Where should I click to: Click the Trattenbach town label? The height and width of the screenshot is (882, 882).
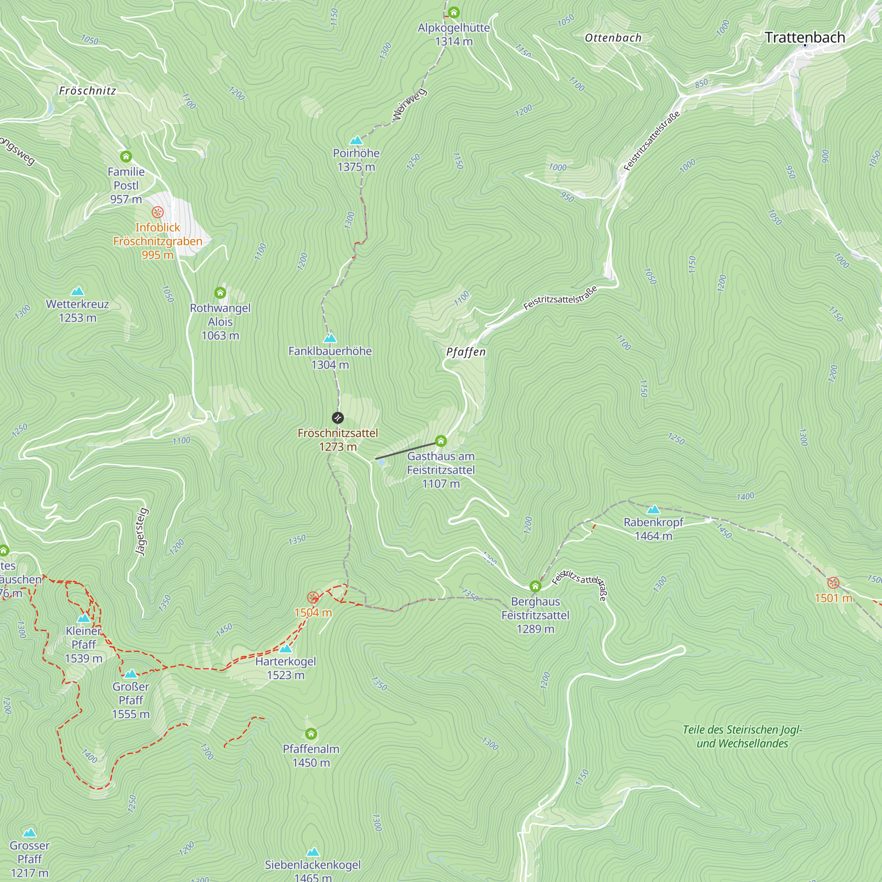(805, 37)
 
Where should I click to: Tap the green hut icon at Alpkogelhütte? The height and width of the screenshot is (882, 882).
(453, 12)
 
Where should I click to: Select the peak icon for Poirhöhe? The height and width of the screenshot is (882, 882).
(355, 140)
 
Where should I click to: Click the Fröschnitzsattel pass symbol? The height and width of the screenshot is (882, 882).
(337, 417)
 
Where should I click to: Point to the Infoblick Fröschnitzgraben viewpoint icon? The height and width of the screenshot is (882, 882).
(157, 212)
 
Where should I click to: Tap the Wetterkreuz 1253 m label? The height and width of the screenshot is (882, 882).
(78, 310)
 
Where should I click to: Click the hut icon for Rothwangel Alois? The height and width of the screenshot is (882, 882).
(220, 293)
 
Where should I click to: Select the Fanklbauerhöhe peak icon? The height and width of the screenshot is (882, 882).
(329, 338)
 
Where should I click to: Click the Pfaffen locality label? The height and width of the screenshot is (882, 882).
(466, 351)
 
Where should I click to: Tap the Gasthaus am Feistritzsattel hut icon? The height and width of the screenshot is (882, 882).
(441, 441)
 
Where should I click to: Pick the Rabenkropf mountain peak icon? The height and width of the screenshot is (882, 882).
(653, 509)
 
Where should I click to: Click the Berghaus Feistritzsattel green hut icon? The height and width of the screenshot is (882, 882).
(535, 586)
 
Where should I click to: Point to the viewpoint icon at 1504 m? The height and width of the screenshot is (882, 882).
(313, 598)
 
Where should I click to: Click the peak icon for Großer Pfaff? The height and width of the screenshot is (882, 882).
(131, 674)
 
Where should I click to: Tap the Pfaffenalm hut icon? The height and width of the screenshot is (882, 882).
(311, 734)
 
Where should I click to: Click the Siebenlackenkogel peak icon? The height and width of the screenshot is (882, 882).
(313, 852)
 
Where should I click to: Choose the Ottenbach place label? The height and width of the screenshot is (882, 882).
(613, 38)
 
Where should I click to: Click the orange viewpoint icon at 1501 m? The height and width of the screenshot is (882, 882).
(833, 583)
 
